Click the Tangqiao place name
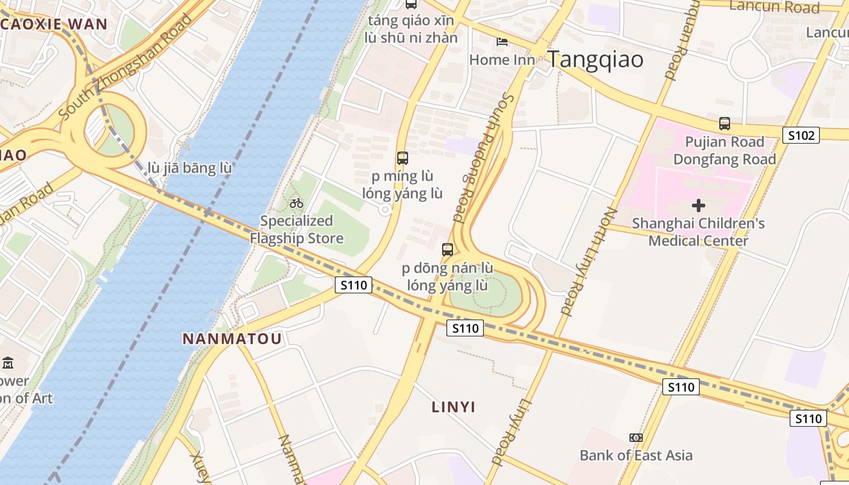point(595,60)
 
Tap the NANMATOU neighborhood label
point(232,338)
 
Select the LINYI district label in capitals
point(454,407)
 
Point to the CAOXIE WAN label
point(53,25)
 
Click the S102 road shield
point(801,135)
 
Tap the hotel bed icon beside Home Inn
point(502,42)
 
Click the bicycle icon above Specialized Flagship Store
point(297,203)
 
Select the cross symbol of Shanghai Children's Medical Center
point(699,206)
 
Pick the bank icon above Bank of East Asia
point(636,437)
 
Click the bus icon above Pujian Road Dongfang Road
point(724,124)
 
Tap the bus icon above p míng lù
point(402,158)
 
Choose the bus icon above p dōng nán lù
point(448,249)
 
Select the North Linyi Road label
point(589,262)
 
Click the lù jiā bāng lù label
point(190,168)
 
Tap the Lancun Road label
point(774,7)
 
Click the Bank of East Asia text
point(636,455)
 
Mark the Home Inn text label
point(502,60)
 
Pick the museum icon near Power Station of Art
point(8,363)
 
